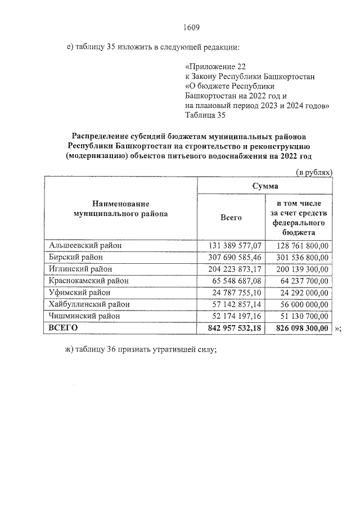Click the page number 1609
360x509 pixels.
192,27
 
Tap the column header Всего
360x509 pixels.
231,217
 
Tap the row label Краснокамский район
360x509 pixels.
89,281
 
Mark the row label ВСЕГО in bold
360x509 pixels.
62,328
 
